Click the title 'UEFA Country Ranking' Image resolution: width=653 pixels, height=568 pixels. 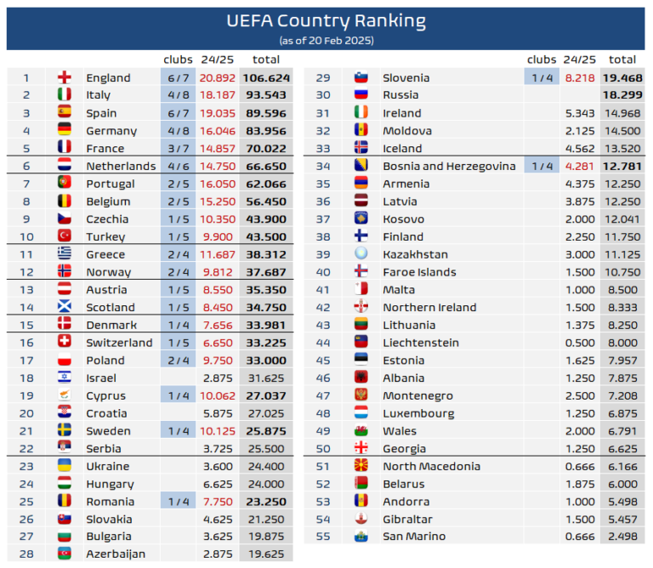[x=326, y=21]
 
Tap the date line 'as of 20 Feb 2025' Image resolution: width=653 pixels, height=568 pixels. [x=326, y=40]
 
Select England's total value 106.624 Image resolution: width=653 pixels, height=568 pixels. [x=266, y=77]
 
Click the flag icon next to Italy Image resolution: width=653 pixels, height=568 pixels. [x=64, y=95]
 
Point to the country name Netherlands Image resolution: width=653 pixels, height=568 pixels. [x=121, y=166]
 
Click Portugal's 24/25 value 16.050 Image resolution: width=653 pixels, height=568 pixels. [x=218, y=184]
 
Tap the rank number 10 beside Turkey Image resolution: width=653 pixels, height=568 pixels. [x=26, y=236]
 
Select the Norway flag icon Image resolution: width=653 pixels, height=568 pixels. [x=64, y=272]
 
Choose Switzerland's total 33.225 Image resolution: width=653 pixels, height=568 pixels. [x=266, y=343]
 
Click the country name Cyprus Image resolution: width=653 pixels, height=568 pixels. [x=105, y=395]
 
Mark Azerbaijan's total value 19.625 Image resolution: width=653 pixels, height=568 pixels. [x=266, y=554]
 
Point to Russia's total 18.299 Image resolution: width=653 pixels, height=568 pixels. [x=622, y=95]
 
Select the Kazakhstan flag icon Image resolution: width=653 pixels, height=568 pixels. [x=361, y=254]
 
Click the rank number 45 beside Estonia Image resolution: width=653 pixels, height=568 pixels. [x=322, y=361]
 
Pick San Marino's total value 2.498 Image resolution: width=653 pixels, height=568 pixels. [x=622, y=537]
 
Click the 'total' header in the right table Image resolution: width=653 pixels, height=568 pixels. [x=622, y=60]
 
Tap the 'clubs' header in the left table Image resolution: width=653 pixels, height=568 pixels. [x=178, y=60]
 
